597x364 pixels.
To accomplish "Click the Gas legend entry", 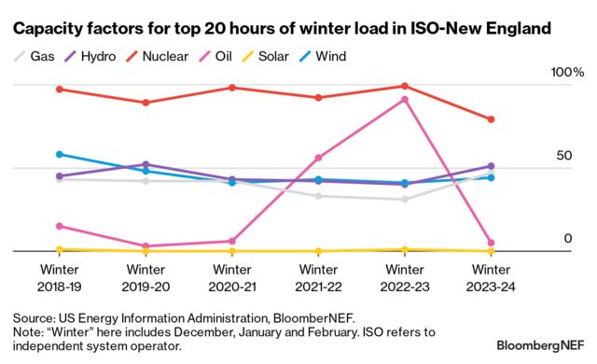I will tap(35, 57).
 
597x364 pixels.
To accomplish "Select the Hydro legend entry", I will tap(91, 57).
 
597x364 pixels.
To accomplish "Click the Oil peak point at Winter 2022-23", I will tap(405, 99).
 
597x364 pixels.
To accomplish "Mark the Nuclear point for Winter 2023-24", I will tap(492, 119).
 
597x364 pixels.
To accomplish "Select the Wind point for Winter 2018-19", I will tap(59, 154).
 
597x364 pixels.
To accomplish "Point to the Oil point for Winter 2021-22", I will tap(318, 158).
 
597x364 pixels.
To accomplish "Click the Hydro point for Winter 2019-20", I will tap(146, 164).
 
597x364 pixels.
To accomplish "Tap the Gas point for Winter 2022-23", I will tap(405, 199).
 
